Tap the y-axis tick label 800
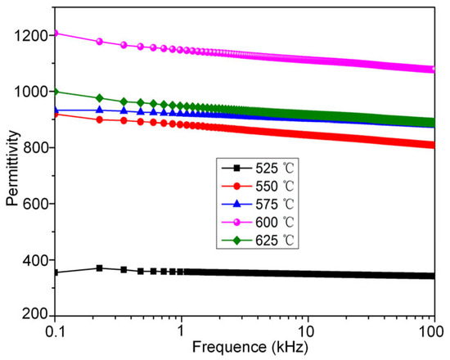(x=35, y=148)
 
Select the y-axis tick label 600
(x=35, y=204)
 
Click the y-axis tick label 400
(x=35, y=260)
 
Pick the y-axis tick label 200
(x=35, y=314)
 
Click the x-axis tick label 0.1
(x=55, y=332)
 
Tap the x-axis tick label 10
(x=308, y=332)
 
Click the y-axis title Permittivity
(x=13, y=169)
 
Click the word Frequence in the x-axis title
(x=229, y=347)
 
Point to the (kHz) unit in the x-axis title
(x=289, y=348)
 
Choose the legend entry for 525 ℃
(x=258, y=169)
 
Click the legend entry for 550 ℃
(x=258, y=187)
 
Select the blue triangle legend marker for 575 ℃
(x=236, y=204)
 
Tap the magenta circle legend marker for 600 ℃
(x=236, y=223)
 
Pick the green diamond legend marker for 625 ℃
(x=236, y=240)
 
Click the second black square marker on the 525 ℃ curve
(x=99, y=268)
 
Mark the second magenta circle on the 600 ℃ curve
(x=99, y=42)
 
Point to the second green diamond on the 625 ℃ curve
(x=100, y=98)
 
